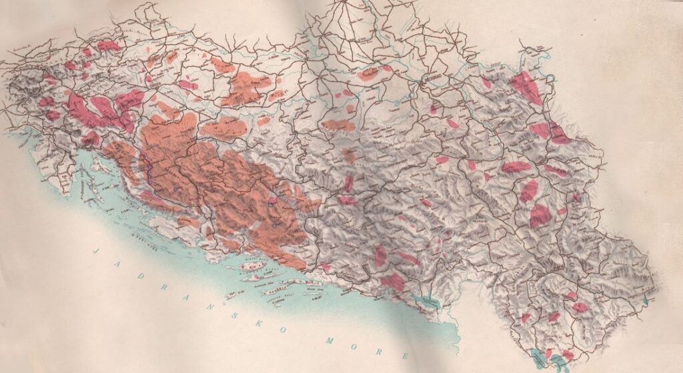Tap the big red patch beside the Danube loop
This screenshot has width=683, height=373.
click(x=527, y=87)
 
